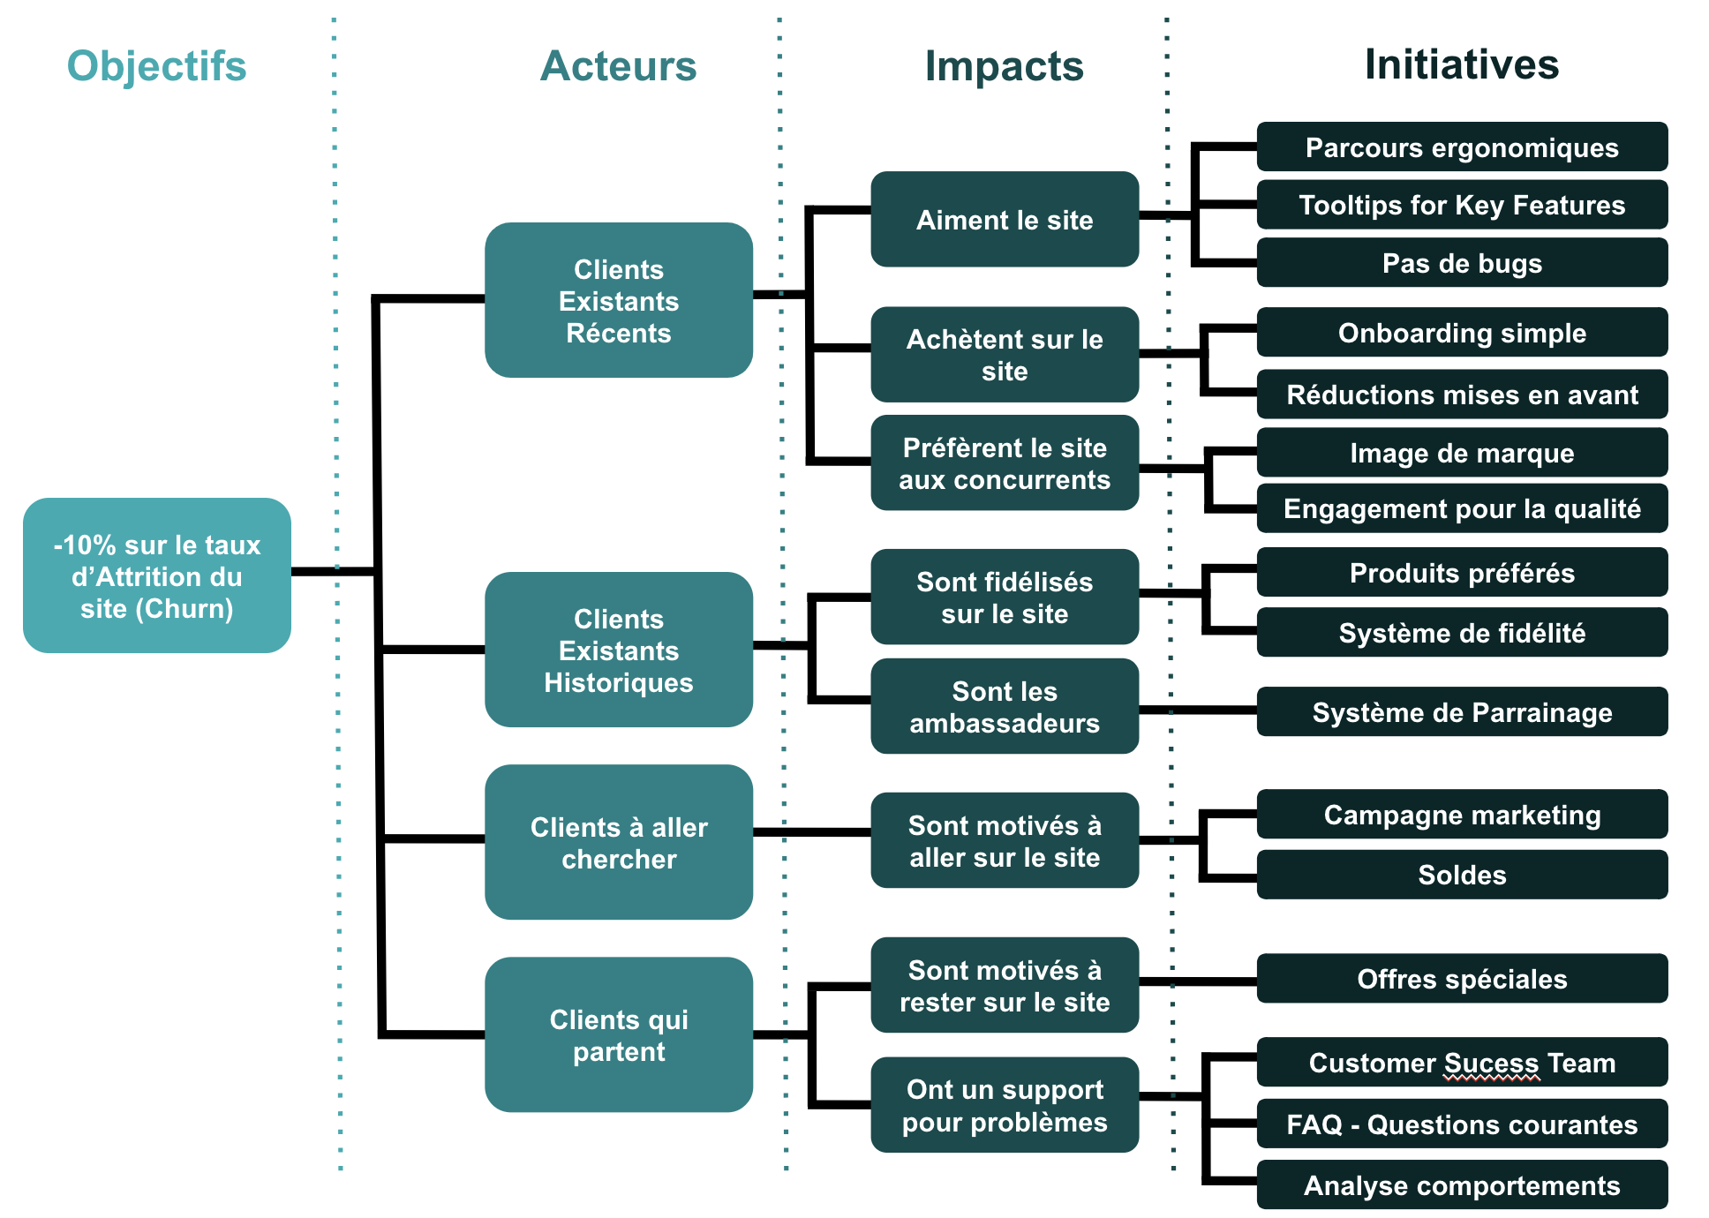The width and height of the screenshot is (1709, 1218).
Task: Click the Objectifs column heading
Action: click(156, 66)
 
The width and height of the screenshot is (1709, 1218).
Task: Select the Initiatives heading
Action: click(1462, 64)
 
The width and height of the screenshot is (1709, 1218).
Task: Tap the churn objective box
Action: click(156, 575)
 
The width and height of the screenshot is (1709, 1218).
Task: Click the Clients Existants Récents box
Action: click(618, 300)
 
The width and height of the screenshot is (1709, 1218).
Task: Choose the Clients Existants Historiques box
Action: click(618, 650)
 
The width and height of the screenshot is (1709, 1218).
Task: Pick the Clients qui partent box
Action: click(618, 1034)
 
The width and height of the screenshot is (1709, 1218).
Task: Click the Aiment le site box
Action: click(1004, 219)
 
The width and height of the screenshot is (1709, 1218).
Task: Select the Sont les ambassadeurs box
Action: click(1004, 706)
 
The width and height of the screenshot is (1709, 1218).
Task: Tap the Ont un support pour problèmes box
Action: click(1004, 1104)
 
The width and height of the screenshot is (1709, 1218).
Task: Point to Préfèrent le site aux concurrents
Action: click(1004, 462)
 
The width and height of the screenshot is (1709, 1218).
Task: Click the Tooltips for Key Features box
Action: click(1461, 205)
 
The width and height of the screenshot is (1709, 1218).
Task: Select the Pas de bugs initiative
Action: click(1461, 263)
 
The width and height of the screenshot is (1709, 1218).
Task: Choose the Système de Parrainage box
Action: click(1461, 711)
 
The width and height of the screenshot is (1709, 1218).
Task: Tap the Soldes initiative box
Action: click(1461, 875)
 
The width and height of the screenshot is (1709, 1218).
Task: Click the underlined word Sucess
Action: click(1492, 1063)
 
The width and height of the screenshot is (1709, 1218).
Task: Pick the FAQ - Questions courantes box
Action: click(1461, 1124)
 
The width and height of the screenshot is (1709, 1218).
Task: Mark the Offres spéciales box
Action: click(1461, 978)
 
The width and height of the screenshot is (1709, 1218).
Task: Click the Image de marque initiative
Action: click(1461, 453)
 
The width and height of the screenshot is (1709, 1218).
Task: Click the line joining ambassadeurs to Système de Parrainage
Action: click(1197, 710)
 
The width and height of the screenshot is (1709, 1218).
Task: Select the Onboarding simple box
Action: click(1461, 332)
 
